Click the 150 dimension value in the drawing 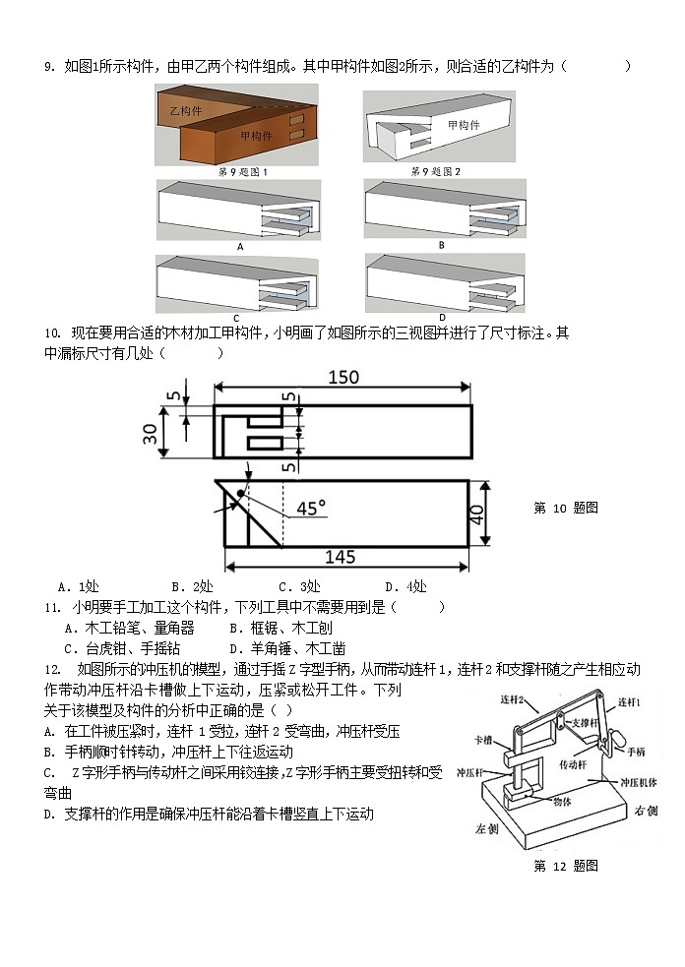342,378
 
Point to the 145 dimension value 340,557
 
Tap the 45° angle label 311,508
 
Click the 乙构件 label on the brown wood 187,110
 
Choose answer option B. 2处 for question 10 193,587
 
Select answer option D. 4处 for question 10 405,587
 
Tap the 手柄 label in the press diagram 633,752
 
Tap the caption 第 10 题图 565,508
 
